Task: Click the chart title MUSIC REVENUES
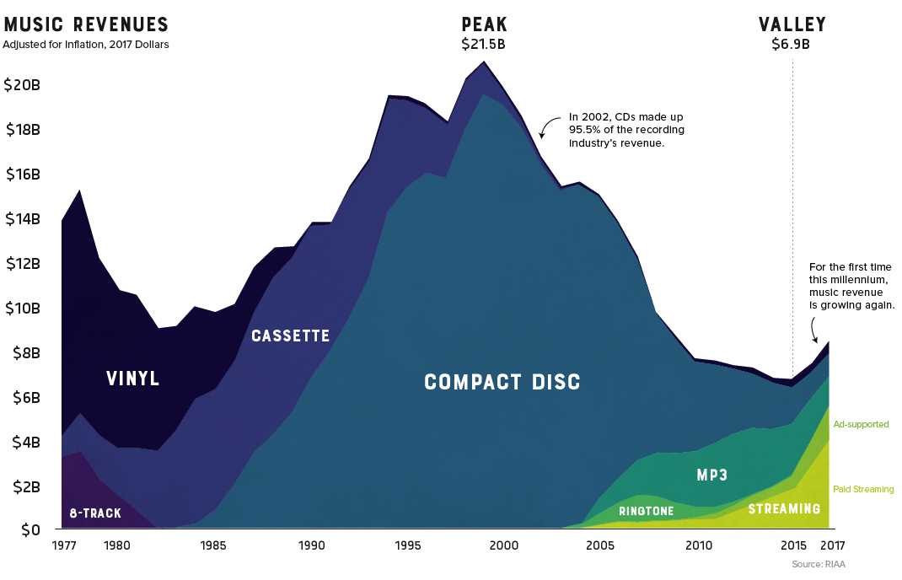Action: (x=86, y=24)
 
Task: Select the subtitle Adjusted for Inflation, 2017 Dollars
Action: (x=86, y=45)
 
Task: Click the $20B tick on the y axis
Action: (x=23, y=85)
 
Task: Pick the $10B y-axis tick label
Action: (x=23, y=308)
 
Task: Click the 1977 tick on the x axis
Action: (x=63, y=546)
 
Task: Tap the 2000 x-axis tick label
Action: (x=504, y=546)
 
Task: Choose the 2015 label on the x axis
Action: (x=793, y=546)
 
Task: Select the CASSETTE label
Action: (x=290, y=336)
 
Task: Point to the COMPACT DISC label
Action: (x=502, y=382)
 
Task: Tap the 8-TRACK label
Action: (x=95, y=513)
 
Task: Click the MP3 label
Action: (x=712, y=475)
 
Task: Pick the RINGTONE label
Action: (x=646, y=511)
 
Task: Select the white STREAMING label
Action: (x=784, y=508)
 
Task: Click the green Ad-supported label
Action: (x=861, y=424)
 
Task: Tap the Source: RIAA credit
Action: (x=818, y=563)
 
